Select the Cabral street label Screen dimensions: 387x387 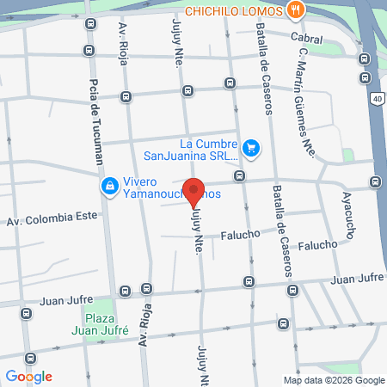point(306,38)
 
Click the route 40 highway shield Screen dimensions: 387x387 point(378,99)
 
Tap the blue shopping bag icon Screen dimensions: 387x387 point(110,187)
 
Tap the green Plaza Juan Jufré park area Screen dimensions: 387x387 point(102,311)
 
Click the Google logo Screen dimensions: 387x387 point(28,376)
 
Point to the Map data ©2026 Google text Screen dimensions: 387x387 point(335,380)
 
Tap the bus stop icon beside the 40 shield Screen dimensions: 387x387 point(365,76)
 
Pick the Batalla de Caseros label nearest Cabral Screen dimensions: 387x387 point(263,71)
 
